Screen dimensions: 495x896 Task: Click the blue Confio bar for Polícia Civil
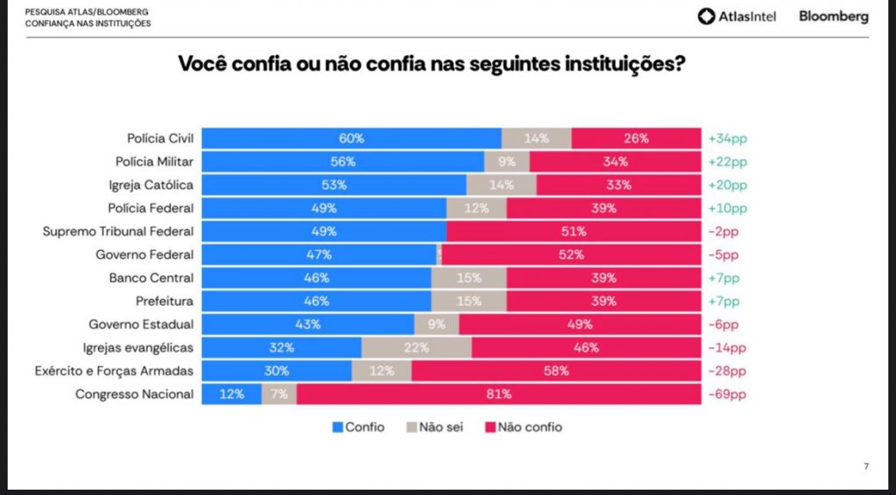[x=352, y=138]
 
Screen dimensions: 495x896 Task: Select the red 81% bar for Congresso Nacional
[x=499, y=394]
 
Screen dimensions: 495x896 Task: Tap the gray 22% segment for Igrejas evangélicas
[x=416, y=347]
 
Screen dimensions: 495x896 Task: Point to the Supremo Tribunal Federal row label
[x=118, y=232]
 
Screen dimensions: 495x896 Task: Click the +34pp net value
[x=728, y=138]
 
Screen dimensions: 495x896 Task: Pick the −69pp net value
[x=728, y=394]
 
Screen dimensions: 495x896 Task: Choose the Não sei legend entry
[x=435, y=428]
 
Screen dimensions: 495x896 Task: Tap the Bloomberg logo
[x=833, y=17]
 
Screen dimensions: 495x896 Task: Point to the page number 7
[x=866, y=466]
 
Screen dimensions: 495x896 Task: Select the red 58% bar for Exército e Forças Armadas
[x=556, y=371]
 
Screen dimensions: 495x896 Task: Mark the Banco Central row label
[x=151, y=278]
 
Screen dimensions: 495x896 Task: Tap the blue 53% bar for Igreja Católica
[x=334, y=185]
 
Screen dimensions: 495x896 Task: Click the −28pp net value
[x=728, y=371]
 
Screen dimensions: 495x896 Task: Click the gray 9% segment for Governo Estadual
[x=436, y=324]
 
